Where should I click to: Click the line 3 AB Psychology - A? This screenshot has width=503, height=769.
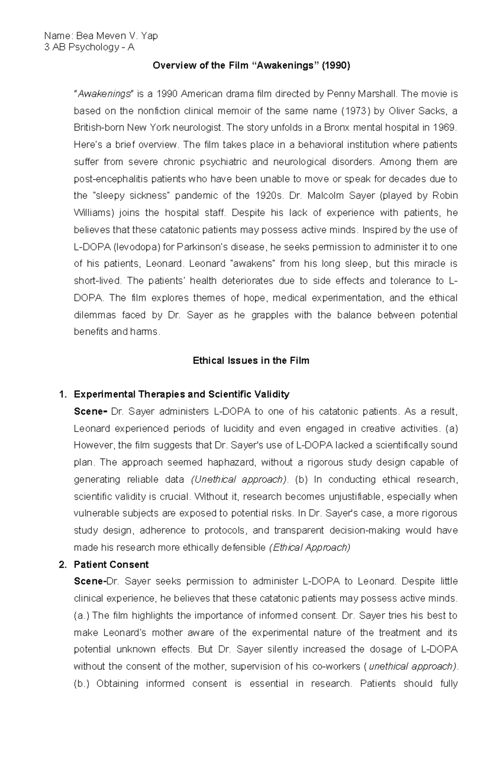(x=89, y=47)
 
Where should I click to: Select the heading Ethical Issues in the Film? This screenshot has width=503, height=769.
(x=251, y=361)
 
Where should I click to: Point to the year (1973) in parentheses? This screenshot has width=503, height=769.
(x=353, y=111)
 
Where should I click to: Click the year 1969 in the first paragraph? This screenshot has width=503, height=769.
(x=444, y=128)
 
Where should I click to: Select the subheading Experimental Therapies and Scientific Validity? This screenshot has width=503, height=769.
(x=181, y=394)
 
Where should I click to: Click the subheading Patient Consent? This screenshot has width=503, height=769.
(x=111, y=565)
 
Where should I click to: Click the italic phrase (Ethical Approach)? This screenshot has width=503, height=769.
(x=309, y=548)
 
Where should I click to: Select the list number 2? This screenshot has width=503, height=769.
(x=62, y=565)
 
